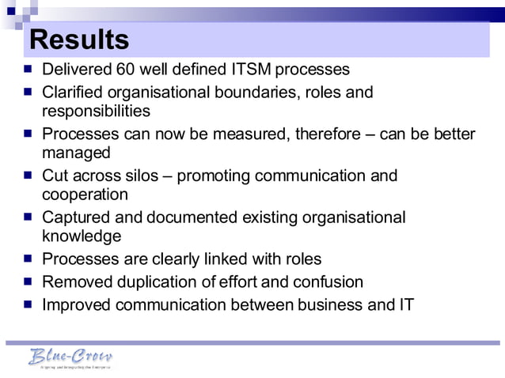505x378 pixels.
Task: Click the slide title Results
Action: (x=78, y=40)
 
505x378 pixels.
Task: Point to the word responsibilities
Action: (x=96, y=111)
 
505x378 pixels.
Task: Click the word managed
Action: (x=76, y=152)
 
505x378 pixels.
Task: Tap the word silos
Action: (x=142, y=176)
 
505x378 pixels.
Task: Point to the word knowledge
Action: (x=82, y=236)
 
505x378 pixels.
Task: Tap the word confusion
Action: (x=328, y=282)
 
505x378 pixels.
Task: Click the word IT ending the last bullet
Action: (x=404, y=304)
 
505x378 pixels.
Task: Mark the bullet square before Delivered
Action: (x=28, y=69)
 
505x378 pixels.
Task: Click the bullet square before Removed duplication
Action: (x=28, y=282)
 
